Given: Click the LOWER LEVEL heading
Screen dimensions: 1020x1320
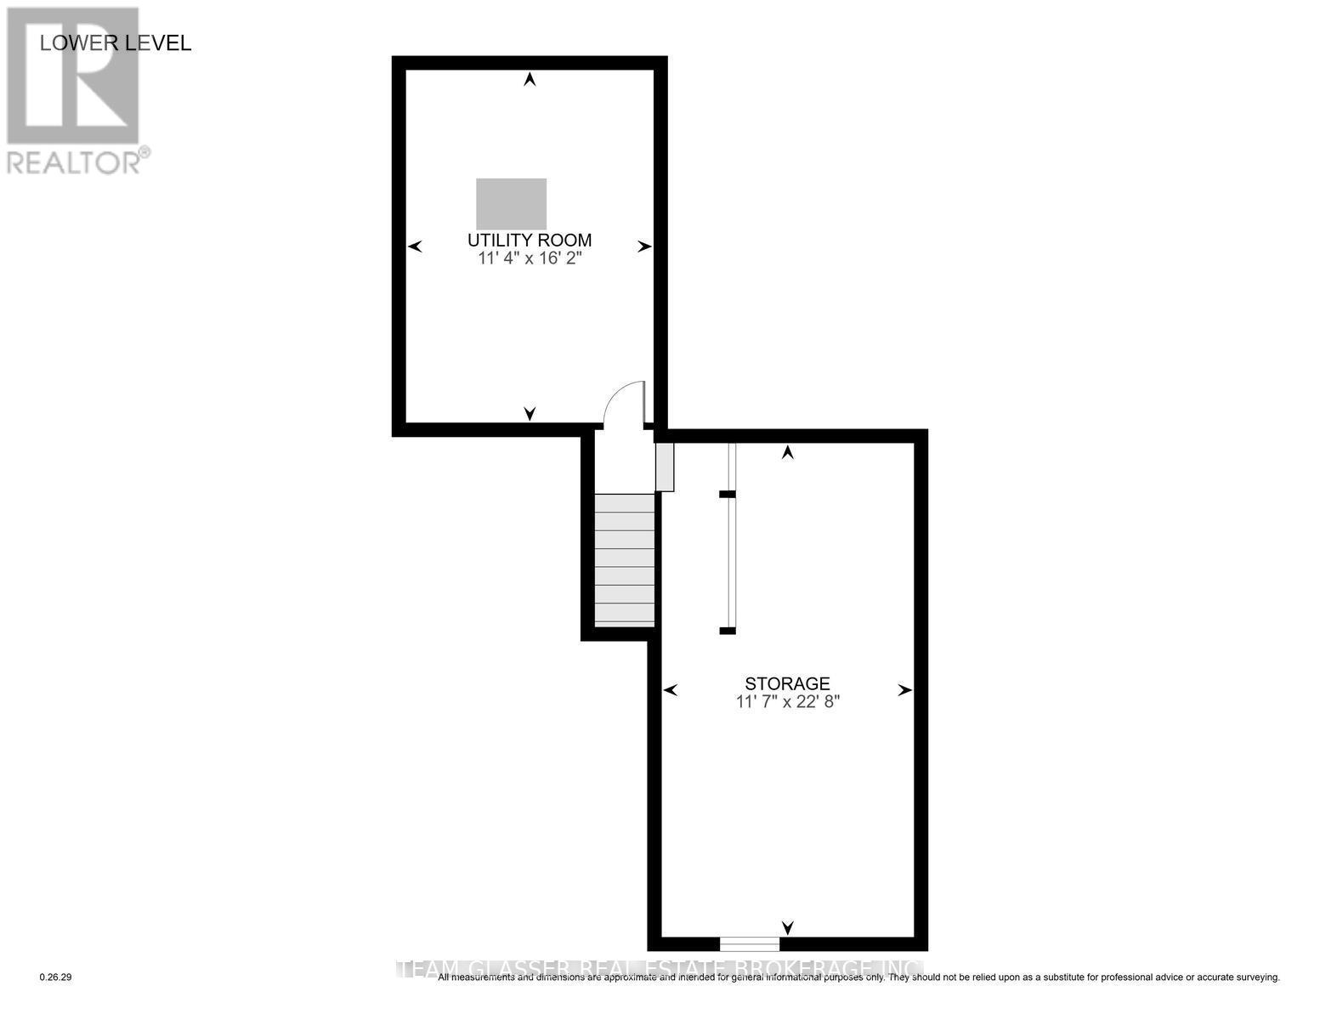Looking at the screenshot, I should coord(116,43).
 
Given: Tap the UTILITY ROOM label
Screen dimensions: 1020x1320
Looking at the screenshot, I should coord(529,241).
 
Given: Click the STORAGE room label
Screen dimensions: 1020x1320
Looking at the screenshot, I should coord(787,683).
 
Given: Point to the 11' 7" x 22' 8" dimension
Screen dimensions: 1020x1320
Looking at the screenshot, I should coord(787,702).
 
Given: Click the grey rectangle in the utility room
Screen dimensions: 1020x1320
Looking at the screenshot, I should coord(511,203).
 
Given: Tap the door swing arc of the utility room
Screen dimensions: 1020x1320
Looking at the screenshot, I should coord(623,402).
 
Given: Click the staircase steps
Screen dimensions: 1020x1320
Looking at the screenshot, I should coord(625,560).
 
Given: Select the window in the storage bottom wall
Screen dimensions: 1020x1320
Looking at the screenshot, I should coord(749,943).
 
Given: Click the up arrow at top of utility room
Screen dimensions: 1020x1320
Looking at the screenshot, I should coord(530,80).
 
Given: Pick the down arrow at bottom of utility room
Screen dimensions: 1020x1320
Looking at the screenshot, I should coord(530,413).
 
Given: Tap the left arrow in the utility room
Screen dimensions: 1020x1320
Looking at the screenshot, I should coord(415,246).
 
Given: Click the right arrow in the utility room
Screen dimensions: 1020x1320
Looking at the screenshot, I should coord(645,246).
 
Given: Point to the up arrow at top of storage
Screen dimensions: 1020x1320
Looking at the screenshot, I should coord(788,453).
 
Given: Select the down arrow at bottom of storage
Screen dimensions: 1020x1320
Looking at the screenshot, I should coord(788,927).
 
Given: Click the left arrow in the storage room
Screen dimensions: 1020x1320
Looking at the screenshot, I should coord(670,690).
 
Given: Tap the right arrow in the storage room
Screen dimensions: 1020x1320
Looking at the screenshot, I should coord(905,690).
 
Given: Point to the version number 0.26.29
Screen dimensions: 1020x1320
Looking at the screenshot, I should coord(56,978).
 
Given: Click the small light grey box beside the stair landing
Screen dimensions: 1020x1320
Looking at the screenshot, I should coord(665,467).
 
